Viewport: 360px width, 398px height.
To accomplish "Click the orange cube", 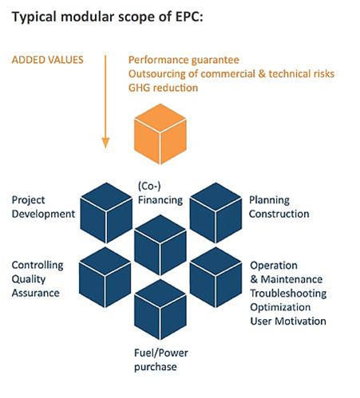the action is [x=160, y=134].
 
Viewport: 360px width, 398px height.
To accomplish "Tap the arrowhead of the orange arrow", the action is [x=105, y=143].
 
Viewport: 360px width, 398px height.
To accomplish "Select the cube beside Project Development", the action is [x=106, y=213].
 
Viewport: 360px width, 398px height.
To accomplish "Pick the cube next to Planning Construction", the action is [x=216, y=213].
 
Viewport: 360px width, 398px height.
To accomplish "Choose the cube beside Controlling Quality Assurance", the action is [x=105, y=278].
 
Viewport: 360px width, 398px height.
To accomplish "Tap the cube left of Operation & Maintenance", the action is [x=216, y=278].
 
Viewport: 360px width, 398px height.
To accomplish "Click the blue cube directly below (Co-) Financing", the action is [x=160, y=245].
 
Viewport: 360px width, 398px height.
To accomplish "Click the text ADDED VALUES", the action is [x=48, y=60].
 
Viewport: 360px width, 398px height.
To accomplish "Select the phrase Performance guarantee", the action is [x=184, y=60].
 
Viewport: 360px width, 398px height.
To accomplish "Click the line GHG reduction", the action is [x=163, y=88].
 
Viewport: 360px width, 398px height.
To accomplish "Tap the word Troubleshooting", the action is [x=288, y=294].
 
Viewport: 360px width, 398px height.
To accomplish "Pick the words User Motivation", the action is [x=288, y=321].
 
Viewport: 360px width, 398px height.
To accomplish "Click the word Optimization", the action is [x=280, y=307].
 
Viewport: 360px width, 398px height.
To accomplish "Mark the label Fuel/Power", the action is [x=161, y=353].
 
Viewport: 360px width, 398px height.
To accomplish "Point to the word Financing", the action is [x=160, y=200].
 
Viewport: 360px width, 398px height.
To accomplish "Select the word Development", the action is [x=43, y=214].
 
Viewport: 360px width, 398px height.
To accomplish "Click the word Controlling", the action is [x=38, y=265].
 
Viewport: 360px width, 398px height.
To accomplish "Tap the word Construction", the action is [x=279, y=214].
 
